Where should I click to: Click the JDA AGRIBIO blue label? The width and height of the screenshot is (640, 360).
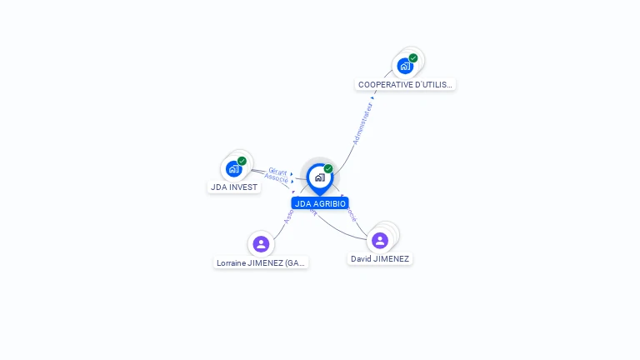coord(320,203)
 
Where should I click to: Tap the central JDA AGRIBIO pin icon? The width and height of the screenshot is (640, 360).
coord(320,177)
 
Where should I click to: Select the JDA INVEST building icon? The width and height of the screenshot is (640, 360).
coord(234,168)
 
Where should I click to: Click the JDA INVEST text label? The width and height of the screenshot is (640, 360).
coord(234,187)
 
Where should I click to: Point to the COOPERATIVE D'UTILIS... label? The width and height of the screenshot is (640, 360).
coord(406,84)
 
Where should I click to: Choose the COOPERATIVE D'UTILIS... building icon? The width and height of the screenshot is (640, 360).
coord(405,66)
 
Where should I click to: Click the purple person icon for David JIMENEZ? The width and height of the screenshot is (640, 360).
coord(380,240)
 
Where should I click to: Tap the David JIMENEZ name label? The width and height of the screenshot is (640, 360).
coord(380,259)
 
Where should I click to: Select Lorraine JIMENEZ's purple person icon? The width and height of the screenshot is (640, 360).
coord(261,243)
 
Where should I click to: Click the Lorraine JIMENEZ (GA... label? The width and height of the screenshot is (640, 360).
coord(262,263)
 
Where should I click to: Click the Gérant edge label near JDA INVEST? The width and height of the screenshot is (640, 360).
coord(277,171)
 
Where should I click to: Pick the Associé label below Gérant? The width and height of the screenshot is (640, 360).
coord(276,177)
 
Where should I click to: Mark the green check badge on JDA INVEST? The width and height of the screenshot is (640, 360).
coord(242,161)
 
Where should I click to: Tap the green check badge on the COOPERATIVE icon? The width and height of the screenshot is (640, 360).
coord(413,58)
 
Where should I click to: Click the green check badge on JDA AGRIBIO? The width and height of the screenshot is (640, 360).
coord(328,169)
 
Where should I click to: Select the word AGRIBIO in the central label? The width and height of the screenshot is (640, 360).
coord(329,203)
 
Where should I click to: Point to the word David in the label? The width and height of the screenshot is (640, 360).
coord(361,259)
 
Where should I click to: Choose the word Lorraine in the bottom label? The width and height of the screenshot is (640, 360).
coord(232,263)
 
